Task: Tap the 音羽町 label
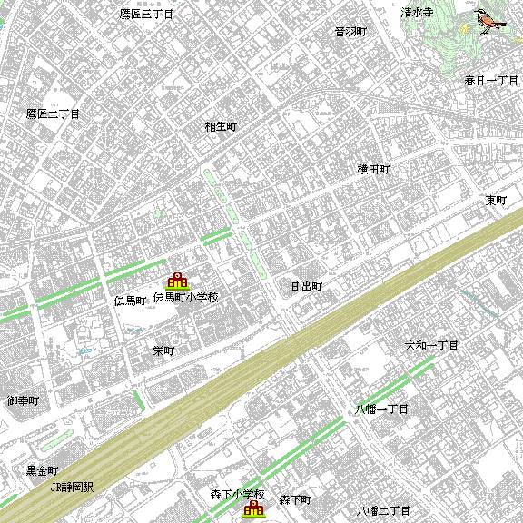(350, 31)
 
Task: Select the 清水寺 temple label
(417, 13)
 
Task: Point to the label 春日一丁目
(491, 80)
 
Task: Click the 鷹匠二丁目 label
(53, 113)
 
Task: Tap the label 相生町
(221, 127)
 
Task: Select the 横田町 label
(372, 169)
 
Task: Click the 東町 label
(496, 200)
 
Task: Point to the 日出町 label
(306, 286)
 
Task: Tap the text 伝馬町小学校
(186, 297)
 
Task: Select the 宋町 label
(163, 350)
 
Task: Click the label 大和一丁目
(431, 346)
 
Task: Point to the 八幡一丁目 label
(381, 410)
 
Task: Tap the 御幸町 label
(23, 400)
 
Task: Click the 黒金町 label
(42, 470)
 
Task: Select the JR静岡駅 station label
(72, 486)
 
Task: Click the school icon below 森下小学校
(252, 510)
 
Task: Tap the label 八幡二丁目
(383, 510)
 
